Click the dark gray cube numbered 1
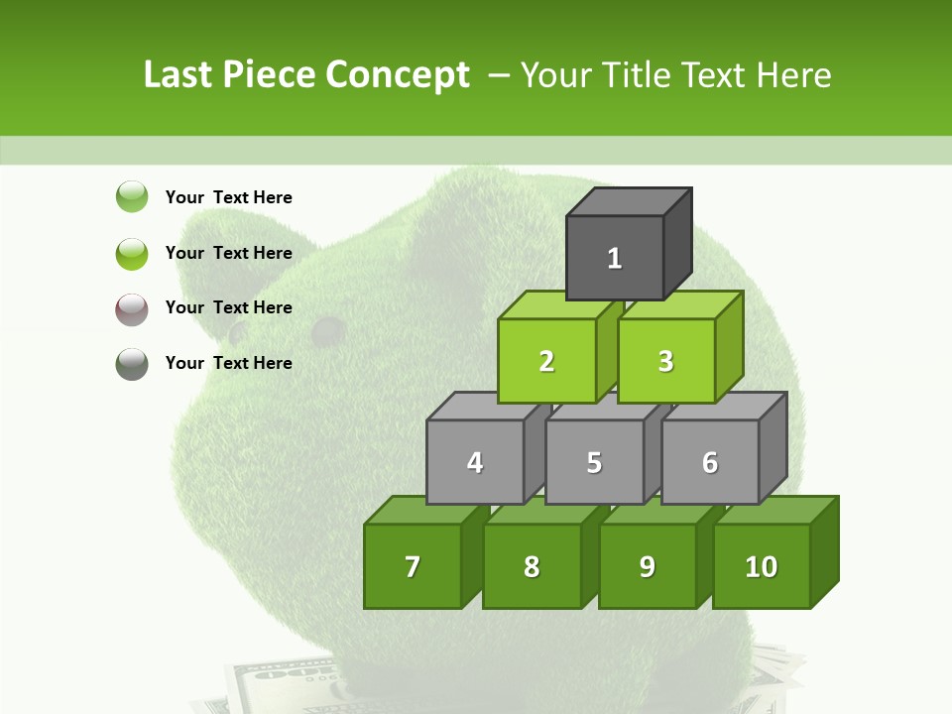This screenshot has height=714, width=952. pyautogui.click(x=615, y=258)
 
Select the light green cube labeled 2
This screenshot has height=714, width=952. pyautogui.click(x=546, y=361)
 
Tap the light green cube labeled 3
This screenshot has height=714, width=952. pyautogui.click(x=665, y=361)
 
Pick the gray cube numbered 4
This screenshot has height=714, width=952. pyautogui.click(x=475, y=462)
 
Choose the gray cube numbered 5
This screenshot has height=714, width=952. pyautogui.click(x=594, y=462)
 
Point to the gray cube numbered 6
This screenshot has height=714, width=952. pyautogui.click(x=710, y=462)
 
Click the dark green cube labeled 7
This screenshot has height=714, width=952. pyautogui.click(x=413, y=566)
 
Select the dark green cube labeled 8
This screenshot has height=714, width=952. pyautogui.click(x=532, y=566)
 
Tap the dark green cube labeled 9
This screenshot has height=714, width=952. pyautogui.click(x=648, y=566)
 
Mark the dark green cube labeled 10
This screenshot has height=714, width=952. pyautogui.click(x=762, y=566)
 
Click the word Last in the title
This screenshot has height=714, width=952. pyautogui.click(x=178, y=75)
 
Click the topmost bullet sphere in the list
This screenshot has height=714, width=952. pyautogui.click(x=132, y=197)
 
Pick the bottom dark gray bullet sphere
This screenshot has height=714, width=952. pyautogui.click(x=132, y=364)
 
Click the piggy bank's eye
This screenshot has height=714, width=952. pyautogui.click(x=326, y=330)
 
